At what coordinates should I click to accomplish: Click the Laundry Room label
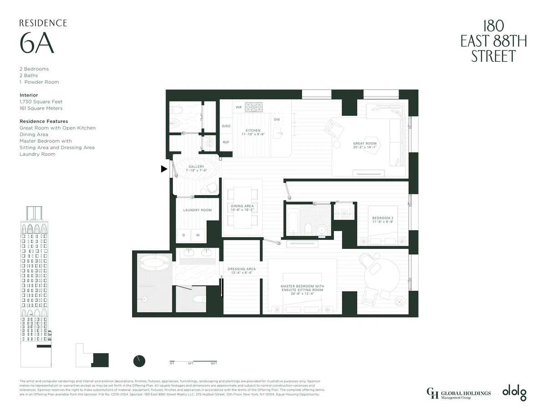click(x=197, y=210)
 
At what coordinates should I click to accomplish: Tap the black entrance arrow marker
click(x=164, y=169)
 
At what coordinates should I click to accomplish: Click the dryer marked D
click(x=184, y=235)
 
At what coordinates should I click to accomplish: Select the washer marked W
click(x=198, y=235)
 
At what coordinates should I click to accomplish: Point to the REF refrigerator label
click(x=226, y=142)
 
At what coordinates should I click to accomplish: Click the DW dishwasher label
click(x=277, y=120)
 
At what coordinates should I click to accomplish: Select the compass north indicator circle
click(x=139, y=361)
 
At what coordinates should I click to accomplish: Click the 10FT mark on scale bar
click(x=213, y=364)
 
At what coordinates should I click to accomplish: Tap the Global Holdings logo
click(x=459, y=393)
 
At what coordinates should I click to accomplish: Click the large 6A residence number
click(x=37, y=44)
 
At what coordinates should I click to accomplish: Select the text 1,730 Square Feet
click(x=41, y=102)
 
